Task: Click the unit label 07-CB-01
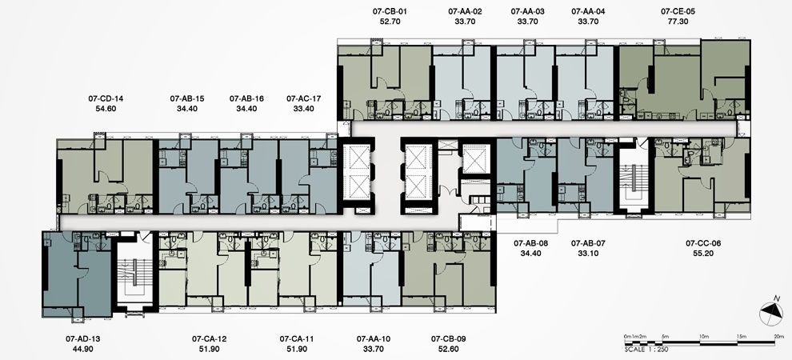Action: pyautogui.click(x=389, y=11)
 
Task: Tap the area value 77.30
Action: pyautogui.click(x=678, y=22)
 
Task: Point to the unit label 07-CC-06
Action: pyautogui.click(x=703, y=243)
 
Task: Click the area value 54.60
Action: pyautogui.click(x=106, y=108)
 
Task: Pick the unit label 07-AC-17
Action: pyautogui.click(x=303, y=98)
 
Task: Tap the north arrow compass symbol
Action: pyautogui.click(x=770, y=312)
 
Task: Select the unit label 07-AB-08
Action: pyautogui.click(x=531, y=243)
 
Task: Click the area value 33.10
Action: pyautogui.click(x=588, y=253)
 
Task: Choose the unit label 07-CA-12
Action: pyautogui.click(x=210, y=338)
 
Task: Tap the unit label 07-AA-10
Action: pyautogui.click(x=374, y=338)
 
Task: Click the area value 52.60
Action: pyautogui.click(x=448, y=349)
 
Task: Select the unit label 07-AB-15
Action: pyautogui.click(x=187, y=98)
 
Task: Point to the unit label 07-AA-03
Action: pyautogui.click(x=528, y=11)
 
